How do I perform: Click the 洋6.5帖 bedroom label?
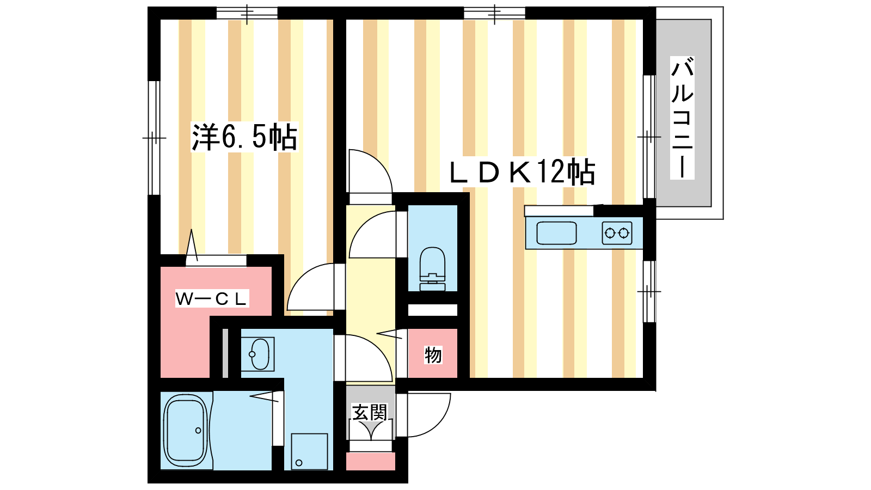(x=244, y=137)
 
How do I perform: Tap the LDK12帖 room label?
(x=522, y=171)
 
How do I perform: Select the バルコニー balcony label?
(x=682, y=118)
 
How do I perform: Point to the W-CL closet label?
(x=212, y=299)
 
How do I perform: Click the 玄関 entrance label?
(x=370, y=412)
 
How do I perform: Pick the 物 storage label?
(x=433, y=354)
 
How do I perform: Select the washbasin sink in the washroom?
(x=258, y=354)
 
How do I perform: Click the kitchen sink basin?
(x=556, y=233)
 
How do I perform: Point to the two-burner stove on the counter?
(x=617, y=233)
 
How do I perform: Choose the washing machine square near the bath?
(x=310, y=451)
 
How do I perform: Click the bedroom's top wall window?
(x=247, y=13)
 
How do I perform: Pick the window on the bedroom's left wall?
(x=155, y=138)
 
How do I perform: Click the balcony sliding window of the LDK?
(x=649, y=137)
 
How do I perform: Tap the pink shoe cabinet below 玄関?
(x=371, y=461)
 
